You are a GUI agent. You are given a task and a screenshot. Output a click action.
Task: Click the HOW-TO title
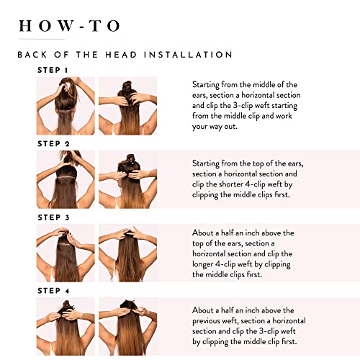pyautogui.click(x=69, y=26)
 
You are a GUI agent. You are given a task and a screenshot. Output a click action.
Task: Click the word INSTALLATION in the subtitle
pyautogui.click(x=188, y=55)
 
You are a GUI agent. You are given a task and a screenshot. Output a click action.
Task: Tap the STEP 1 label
pyautogui.click(x=53, y=70)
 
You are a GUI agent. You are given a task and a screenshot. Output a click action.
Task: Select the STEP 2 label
pyautogui.click(x=53, y=143)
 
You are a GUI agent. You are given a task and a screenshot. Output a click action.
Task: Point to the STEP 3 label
pyautogui.click(x=53, y=217)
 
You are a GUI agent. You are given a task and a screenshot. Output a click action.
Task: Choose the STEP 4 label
pyautogui.click(x=53, y=291)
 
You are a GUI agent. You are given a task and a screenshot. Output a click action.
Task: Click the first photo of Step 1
pyautogui.click(x=66, y=106)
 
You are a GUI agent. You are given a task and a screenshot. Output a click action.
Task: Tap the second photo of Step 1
pyautogui.click(x=127, y=106)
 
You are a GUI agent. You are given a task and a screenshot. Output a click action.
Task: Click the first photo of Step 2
pyautogui.click(x=66, y=179)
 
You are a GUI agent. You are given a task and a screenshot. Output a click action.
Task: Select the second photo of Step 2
pyautogui.click(x=127, y=179)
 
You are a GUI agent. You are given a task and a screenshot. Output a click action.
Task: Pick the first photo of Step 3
pyautogui.click(x=66, y=253)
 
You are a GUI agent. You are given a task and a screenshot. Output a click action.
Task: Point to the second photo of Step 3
pyautogui.click(x=127, y=253)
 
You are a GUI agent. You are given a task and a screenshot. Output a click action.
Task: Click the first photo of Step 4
pyautogui.click(x=66, y=326)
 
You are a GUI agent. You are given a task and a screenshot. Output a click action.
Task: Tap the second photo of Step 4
pyautogui.click(x=127, y=326)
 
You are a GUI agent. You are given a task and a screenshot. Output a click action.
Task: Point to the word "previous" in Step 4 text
pyautogui.click(x=206, y=321)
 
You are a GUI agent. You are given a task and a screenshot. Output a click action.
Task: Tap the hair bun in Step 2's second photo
pyautogui.click(x=130, y=160)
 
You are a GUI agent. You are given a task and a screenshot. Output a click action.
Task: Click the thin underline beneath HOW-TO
pyautogui.click(x=42, y=39)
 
